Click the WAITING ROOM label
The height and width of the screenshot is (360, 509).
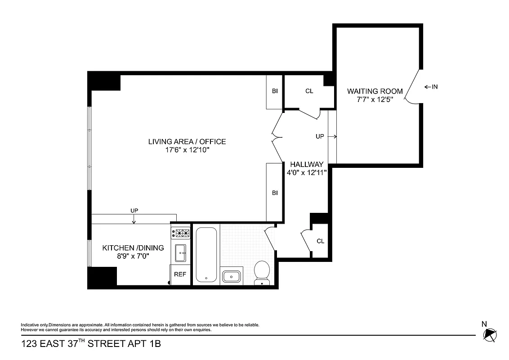point(375,91)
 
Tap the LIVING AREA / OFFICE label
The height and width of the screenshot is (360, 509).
point(187,142)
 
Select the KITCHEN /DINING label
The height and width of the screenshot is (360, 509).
point(133,248)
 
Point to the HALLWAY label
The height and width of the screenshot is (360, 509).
point(306,164)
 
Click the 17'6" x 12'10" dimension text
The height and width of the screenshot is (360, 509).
point(187,151)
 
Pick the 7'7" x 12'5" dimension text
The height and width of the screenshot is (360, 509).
point(375,100)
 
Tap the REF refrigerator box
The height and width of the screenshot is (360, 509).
point(180,274)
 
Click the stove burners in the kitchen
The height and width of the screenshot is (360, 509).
point(182,233)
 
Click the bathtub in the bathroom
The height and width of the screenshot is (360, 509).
point(206,255)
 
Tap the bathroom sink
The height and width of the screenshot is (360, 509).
point(232,275)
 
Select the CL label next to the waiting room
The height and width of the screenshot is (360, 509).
point(309,91)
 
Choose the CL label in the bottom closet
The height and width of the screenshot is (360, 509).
point(320,241)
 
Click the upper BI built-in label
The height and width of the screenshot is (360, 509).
point(275,91)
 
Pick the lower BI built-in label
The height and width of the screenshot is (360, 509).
point(275,193)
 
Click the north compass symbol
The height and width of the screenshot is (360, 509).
point(489,334)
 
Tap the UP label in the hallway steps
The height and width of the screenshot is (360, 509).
point(320,136)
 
